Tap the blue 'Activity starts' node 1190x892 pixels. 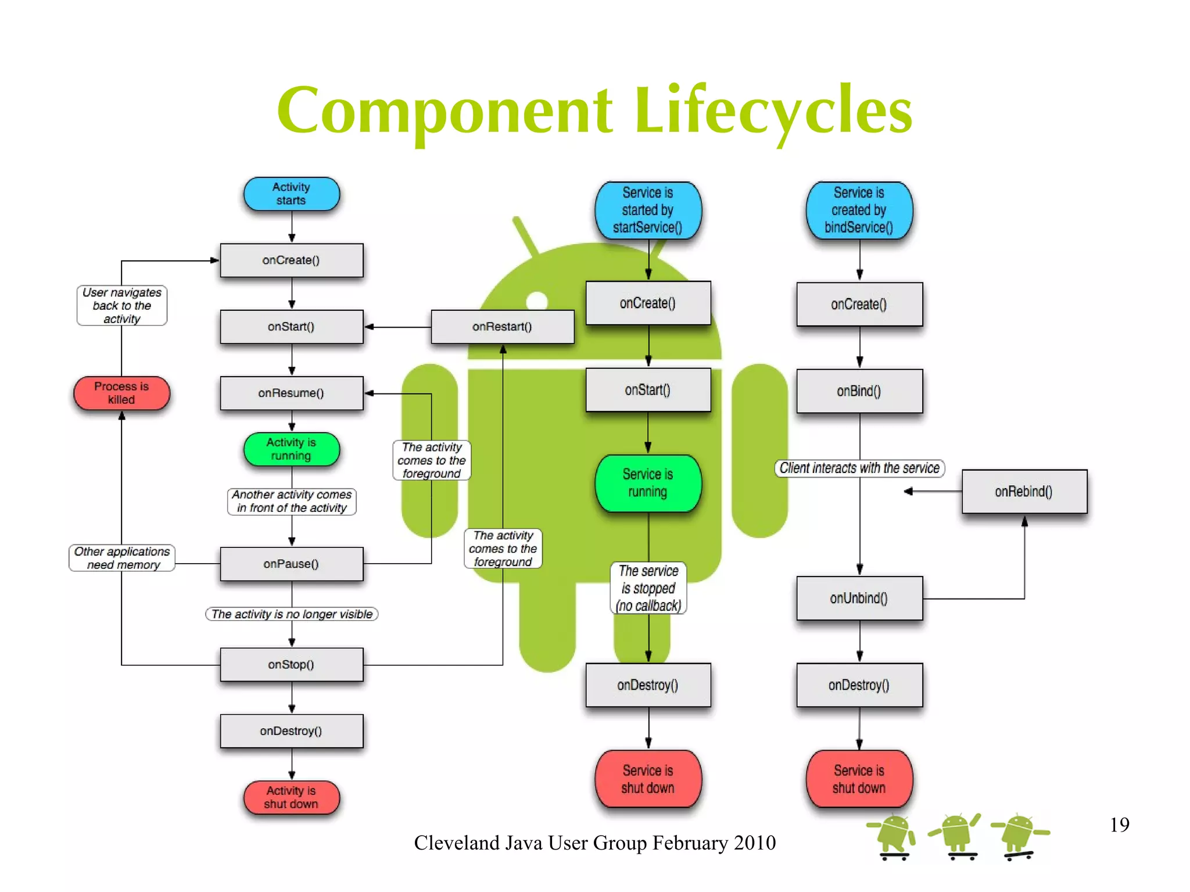pos(291,194)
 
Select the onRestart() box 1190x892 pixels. pos(502,327)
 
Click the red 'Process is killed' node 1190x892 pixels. pos(121,393)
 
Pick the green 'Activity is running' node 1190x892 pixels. pos(291,449)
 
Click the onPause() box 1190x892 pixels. pos(291,564)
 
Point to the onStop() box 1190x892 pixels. pos(291,664)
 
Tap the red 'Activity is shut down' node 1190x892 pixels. pos(291,797)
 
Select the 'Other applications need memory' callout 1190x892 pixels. pos(122,558)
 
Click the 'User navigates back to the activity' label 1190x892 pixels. pos(122,306)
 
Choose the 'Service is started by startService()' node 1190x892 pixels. pos(648,210)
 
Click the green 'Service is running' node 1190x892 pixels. pos(648,483)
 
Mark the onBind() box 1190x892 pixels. pos(859,391)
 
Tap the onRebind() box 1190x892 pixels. pos(1024,492)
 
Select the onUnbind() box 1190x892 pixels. pos(859,598)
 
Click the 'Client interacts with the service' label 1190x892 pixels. pos(859,468)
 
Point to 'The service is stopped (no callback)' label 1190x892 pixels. pos(648,588)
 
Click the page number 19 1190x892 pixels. pos(1119,825)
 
